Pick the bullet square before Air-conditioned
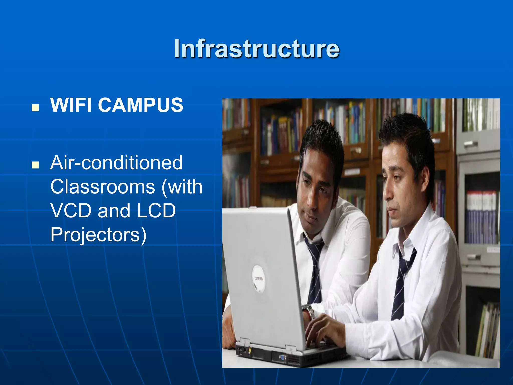click(35, 165)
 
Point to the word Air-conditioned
click(116, 163)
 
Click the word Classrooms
click(103, 187)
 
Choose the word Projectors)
click(98, 235)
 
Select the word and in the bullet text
click(114, 211)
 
